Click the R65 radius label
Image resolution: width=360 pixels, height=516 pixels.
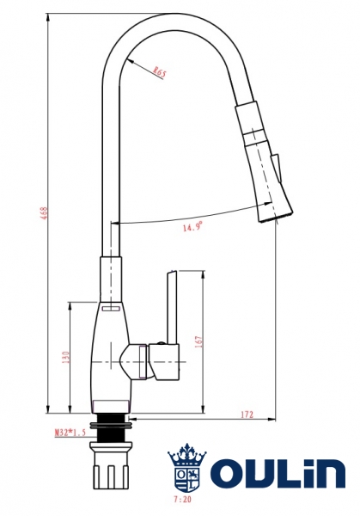[160, 73]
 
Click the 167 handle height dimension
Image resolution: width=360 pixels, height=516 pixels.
[198, 341]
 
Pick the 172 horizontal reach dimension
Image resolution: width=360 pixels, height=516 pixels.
[246, 415]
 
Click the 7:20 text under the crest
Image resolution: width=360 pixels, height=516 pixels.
[182, 499]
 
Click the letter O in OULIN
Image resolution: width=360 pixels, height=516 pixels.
[230, 474]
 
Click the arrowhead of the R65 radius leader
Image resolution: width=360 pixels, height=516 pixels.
[127, 61]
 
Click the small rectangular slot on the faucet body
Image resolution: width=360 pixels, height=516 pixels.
[109, 308]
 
